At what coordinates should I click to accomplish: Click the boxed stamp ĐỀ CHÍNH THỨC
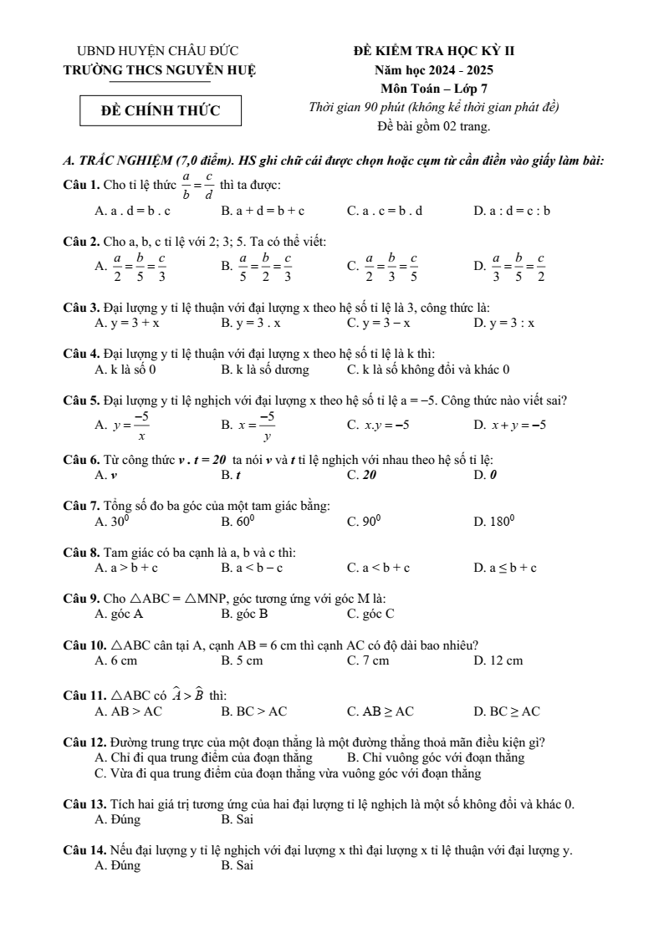(x=161, y=110)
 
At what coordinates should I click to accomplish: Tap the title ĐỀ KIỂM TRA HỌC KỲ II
(x=434, y=51)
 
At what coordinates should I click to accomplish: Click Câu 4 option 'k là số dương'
(x=265, y=369)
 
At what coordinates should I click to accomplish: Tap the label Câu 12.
(x=84, y=742)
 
